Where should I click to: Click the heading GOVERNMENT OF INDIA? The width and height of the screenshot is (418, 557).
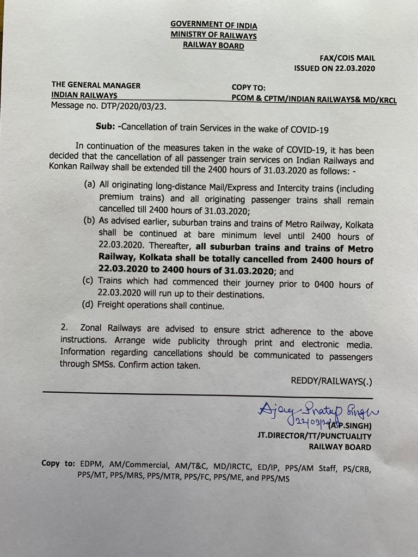pyautogui.click(x=213, y=25)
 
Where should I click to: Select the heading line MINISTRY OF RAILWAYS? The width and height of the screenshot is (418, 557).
pyautogui.click(x=213, y=35)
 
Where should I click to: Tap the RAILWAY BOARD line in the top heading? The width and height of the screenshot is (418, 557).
pyautogui.click(x=213, y=46)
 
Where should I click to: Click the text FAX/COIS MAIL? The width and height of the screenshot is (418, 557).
pyautogui.click(x=347, y=58)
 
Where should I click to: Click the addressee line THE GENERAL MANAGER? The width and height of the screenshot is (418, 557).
pyautogui.click(x=96, y=85)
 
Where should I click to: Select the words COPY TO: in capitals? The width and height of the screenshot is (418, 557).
pyautogui.click(x=248, y=87)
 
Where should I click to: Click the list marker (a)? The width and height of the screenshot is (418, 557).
pyautogui.click(x=90, y=185)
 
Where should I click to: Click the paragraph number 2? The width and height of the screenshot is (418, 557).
pyautogui.click(x=65, y=328)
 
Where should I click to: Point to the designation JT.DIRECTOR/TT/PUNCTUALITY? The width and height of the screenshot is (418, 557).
pyautogui.click(x=315, y=436)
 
